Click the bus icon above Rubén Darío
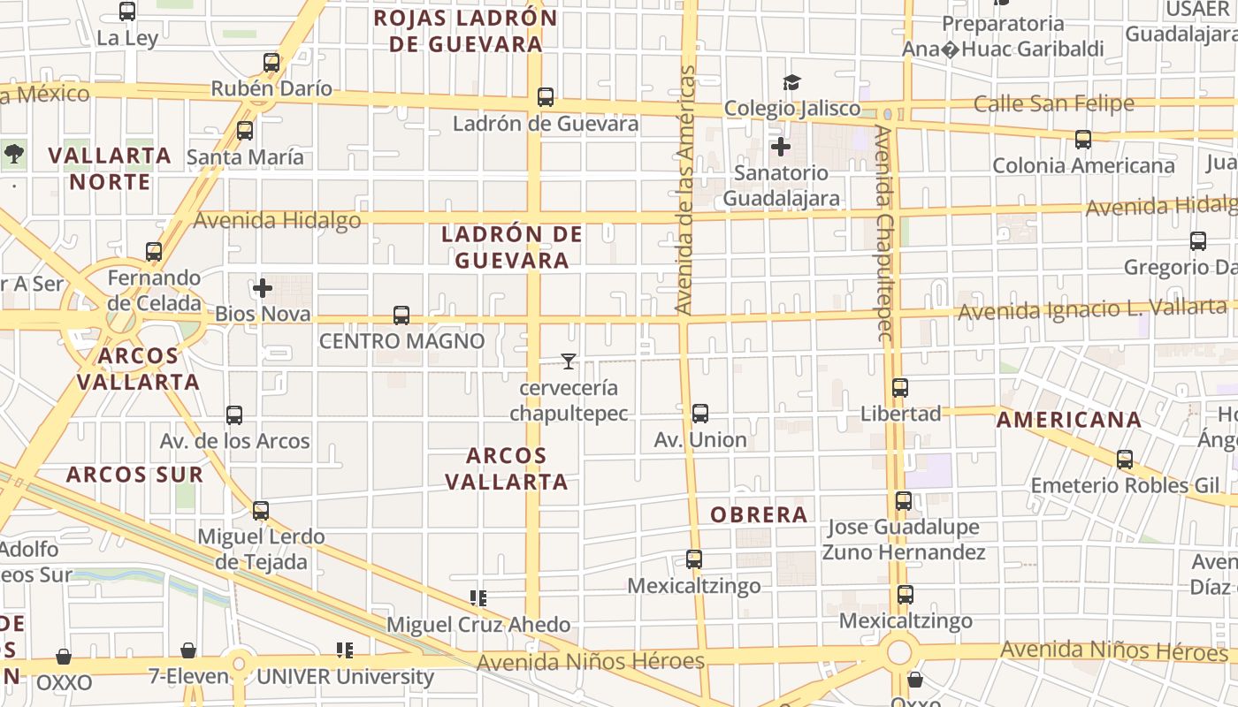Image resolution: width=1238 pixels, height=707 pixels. click(x=271, y=63)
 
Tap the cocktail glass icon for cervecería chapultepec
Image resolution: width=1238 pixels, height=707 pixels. click(x=569, y=361)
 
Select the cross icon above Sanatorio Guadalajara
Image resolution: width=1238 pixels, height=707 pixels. click(x=781, y=147)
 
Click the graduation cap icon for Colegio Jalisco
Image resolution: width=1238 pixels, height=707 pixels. click(x=791, y=83)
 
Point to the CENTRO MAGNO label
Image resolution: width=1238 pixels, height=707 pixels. click(x=401, y=341)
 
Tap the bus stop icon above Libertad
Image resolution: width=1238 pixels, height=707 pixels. click(x=900, y=388)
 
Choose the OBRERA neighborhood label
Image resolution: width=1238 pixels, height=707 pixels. click(x=760, y=514)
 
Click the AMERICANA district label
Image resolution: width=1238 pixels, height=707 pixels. click(x=1069, y=420)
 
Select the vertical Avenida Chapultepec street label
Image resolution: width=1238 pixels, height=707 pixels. click(x=884, y=233)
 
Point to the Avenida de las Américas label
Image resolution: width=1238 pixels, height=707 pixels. click(x=685, y=190)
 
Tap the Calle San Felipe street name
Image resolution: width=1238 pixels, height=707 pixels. click(x=1053, y=104)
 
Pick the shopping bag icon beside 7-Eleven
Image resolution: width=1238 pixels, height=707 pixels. click(x=188, y=651)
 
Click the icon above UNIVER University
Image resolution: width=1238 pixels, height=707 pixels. click(x=345, y=651)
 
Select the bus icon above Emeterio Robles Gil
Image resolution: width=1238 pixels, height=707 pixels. click(x=1125, y=460)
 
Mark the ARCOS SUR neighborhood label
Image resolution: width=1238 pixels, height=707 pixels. click(x=134, y=475)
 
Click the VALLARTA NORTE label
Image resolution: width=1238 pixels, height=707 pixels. click(x=110, y=169)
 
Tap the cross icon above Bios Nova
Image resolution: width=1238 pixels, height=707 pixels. click(x=263, y=288)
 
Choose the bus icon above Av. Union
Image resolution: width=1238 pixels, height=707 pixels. click(x=700, y=414)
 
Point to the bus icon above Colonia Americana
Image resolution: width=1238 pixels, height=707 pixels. click(x=1083, y=140)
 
